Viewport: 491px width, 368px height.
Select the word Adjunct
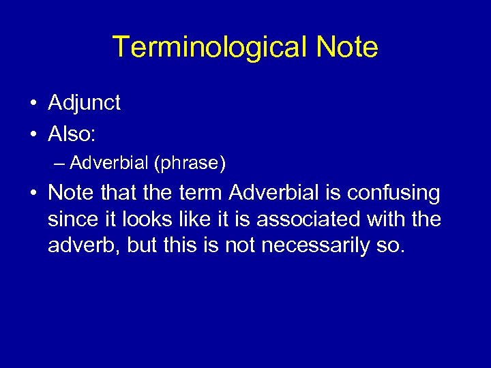(84, 104)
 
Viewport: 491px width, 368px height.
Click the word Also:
(72, 134)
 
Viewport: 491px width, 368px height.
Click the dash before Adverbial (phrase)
(59, 164)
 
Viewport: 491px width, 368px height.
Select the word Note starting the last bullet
(72, 194)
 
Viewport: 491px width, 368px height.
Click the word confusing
(393, 194)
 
